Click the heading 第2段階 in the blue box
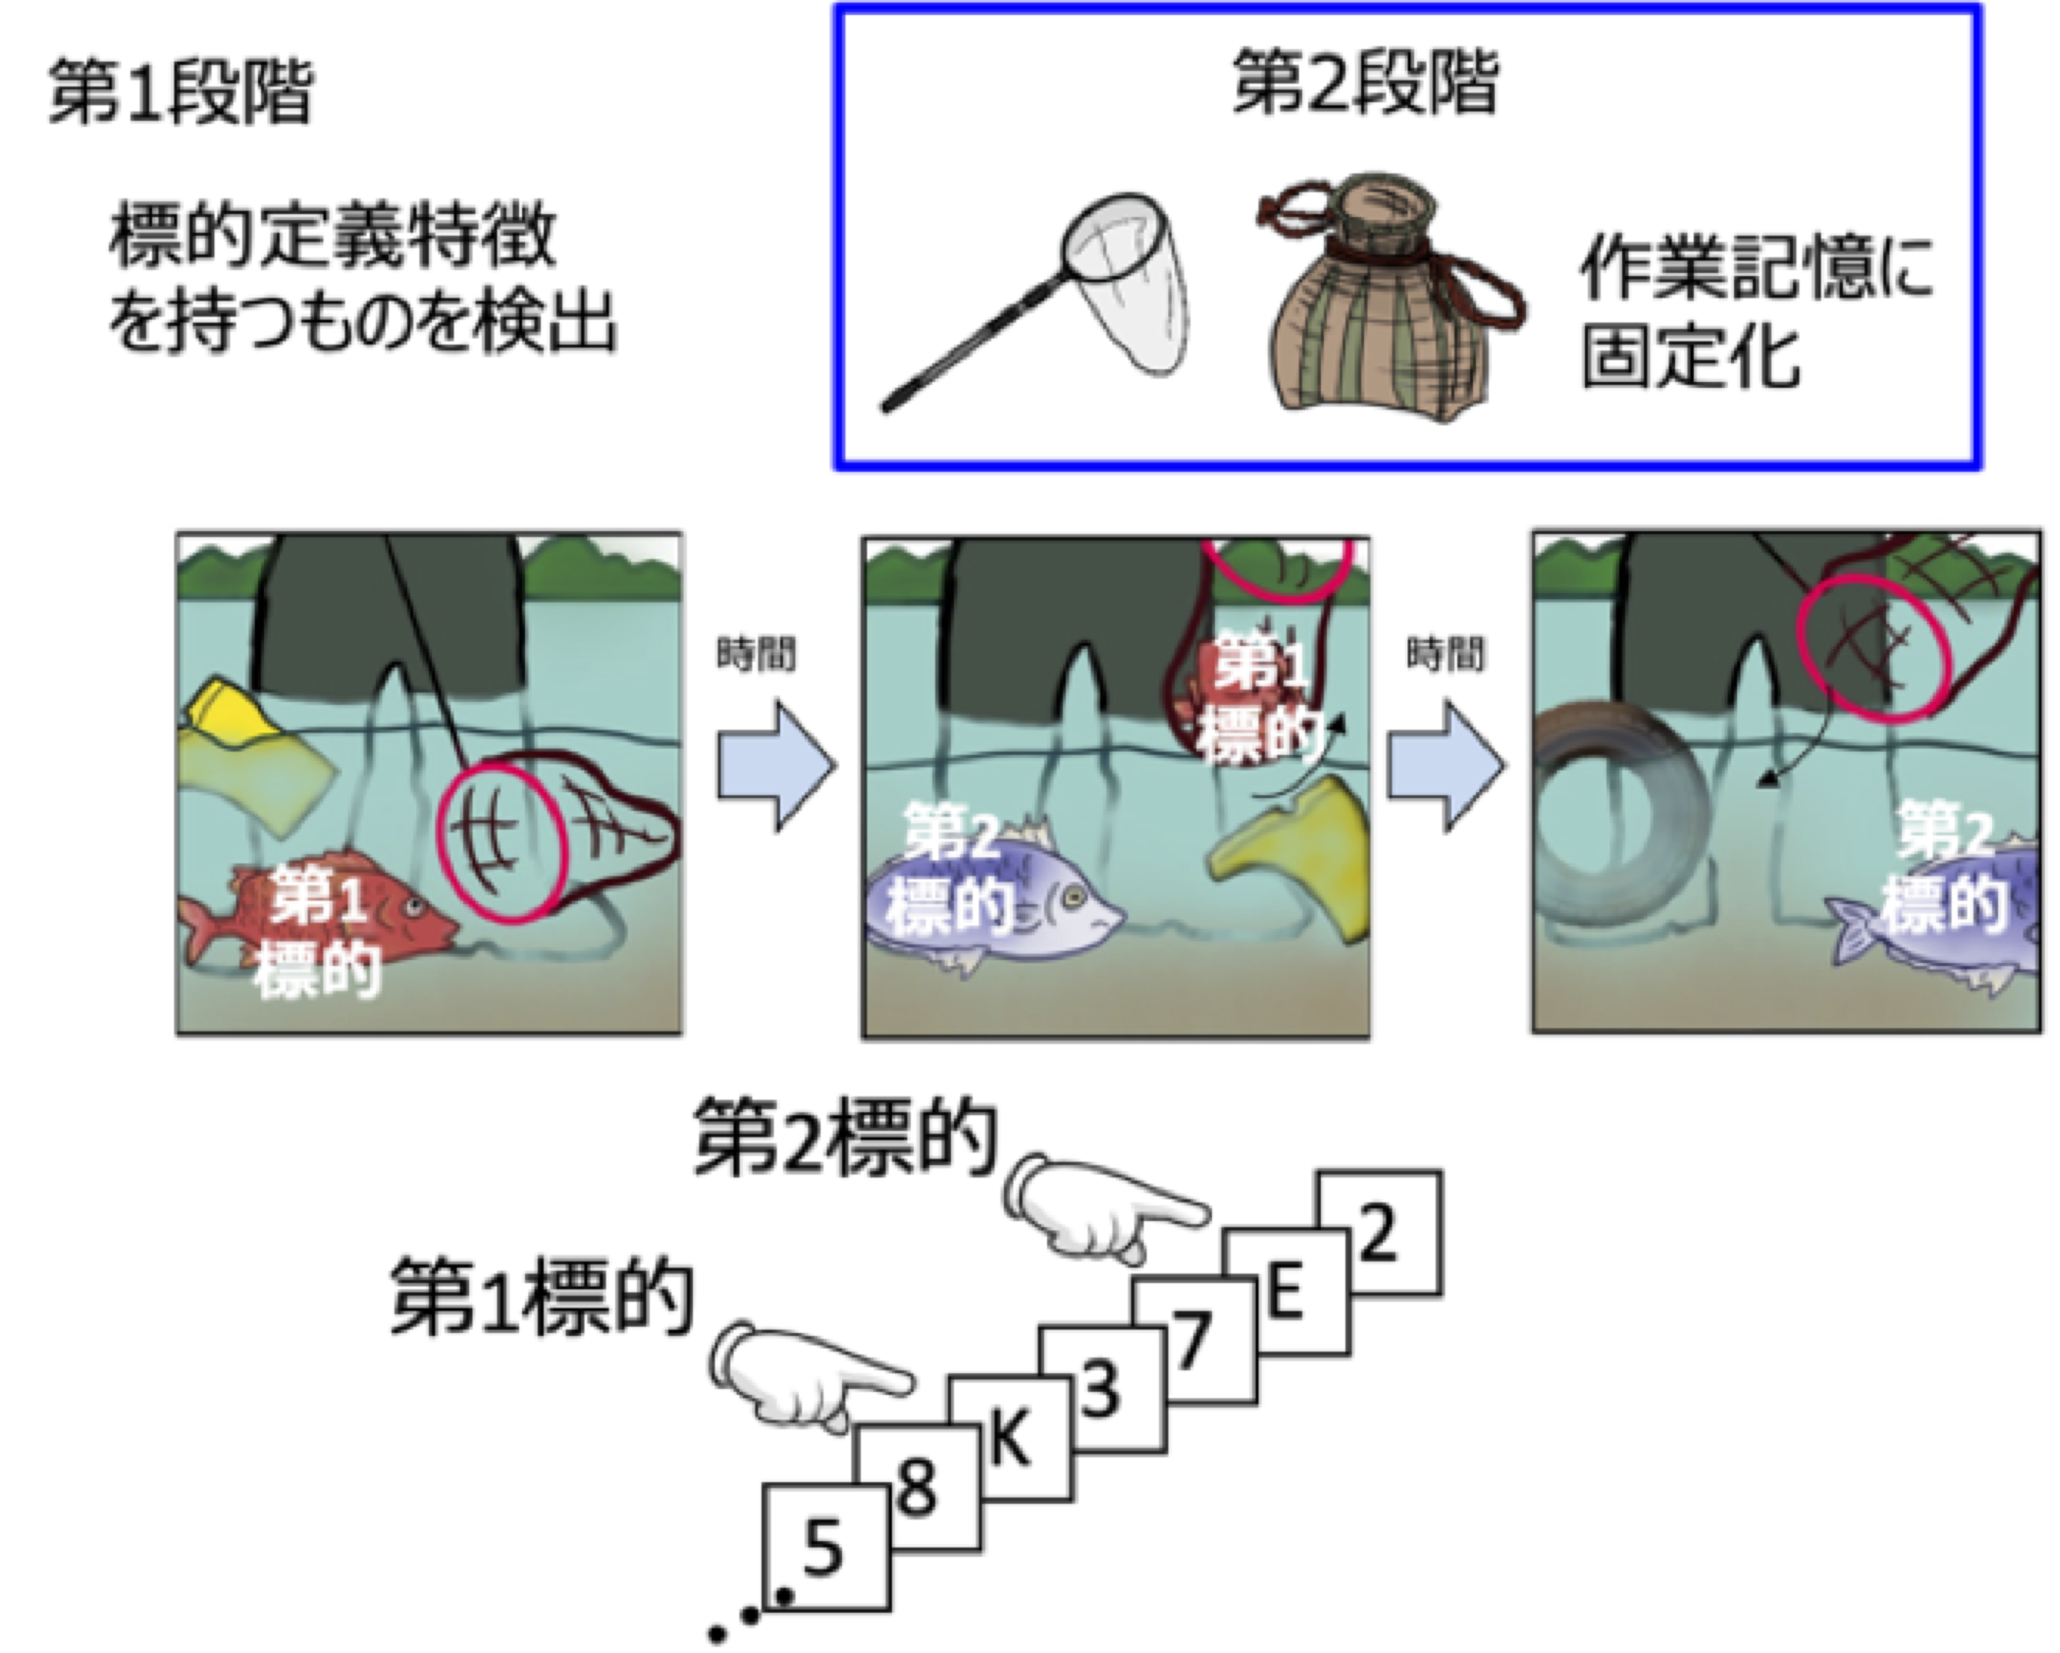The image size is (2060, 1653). coord(1363,84)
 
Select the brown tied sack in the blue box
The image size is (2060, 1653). coord(1386,306)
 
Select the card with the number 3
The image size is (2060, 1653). coord(1102,1390)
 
